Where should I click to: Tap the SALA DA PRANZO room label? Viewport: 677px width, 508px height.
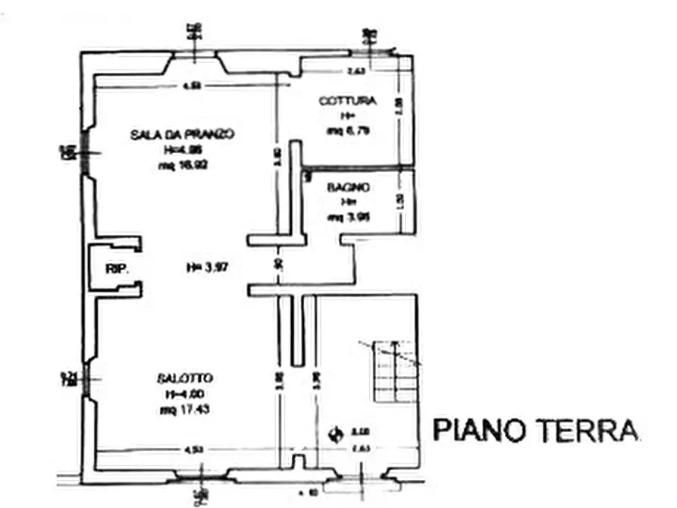[x=182, y=134]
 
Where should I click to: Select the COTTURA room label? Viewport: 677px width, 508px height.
[x=346, y=101]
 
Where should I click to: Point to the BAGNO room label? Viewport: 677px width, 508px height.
[x=349, y=187]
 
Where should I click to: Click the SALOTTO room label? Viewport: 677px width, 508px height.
[x=185, y=378]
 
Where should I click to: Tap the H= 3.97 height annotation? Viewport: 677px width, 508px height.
[x=208, y=267]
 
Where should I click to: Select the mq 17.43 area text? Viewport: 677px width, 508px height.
[x=185, y=410]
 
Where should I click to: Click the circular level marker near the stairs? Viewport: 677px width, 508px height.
[x=334, y=434]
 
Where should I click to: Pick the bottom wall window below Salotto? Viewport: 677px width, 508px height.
[x=199, y=476]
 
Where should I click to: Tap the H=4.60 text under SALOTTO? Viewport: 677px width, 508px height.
[x=185, y=394]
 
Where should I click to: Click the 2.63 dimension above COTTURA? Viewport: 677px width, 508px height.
[x=356, y=71]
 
